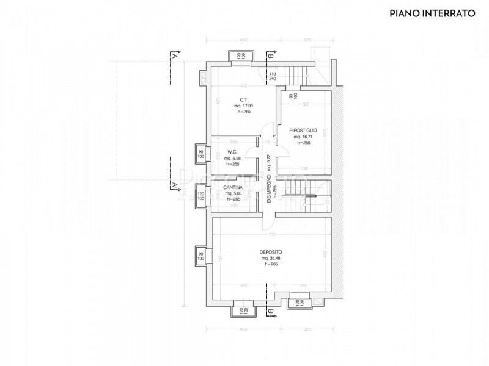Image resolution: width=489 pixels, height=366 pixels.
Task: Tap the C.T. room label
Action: (243, 99)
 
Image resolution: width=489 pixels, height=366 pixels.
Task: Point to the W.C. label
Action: (232, 152)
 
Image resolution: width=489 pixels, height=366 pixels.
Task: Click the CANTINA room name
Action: (232, 187)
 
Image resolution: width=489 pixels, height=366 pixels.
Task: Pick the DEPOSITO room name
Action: (270, 252)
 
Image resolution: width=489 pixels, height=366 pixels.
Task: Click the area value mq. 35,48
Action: (270, 258)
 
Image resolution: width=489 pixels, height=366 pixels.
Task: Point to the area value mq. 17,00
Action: (243, 106)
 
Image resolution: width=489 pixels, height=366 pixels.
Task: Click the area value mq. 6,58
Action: (232, 158)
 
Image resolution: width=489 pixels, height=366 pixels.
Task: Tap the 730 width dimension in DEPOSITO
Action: (270, 235)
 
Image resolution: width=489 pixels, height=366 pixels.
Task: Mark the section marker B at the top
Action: (270, 56)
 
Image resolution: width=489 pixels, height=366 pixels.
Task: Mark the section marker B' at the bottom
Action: (270, 312)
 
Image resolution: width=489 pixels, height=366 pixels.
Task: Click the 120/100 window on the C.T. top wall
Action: (238, 56)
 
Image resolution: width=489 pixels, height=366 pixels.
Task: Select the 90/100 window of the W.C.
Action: (200, 153)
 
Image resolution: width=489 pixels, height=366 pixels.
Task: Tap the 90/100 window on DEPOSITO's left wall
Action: (200, 256)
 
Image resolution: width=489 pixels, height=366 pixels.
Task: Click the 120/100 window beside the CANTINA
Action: (200, 196)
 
